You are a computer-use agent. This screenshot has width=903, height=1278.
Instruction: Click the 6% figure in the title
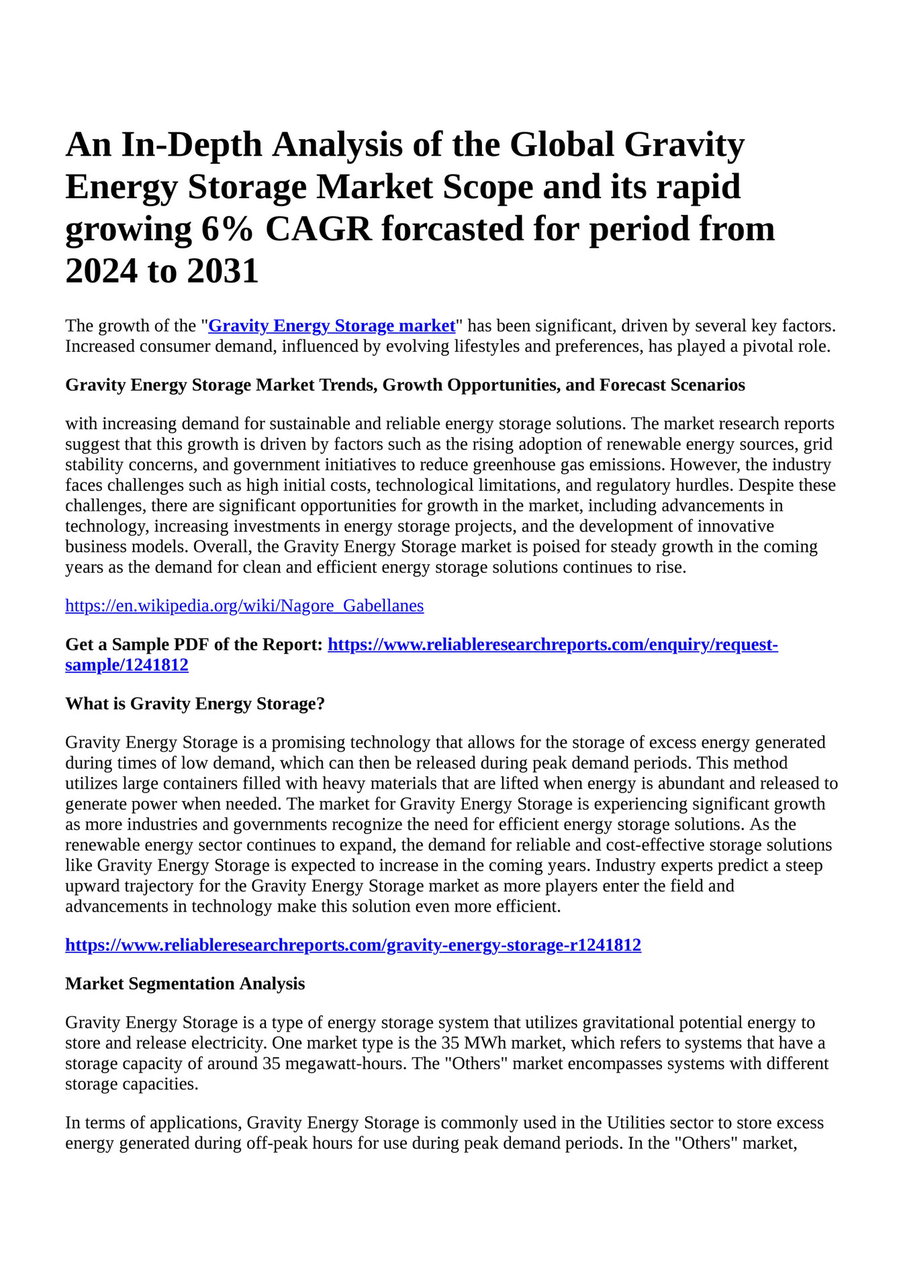226,229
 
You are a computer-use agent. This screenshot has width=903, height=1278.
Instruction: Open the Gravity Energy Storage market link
332,326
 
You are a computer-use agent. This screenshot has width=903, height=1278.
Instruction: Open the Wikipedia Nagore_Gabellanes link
244,606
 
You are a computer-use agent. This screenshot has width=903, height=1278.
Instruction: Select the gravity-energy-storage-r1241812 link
353,946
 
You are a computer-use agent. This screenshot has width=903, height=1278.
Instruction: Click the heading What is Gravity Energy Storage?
195,704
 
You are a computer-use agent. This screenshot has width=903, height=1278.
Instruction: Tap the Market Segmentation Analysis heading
185,984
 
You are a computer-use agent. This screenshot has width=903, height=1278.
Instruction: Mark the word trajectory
156,886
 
